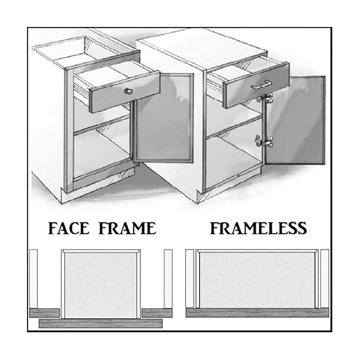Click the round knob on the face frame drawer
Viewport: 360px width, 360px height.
(x=128, y=91)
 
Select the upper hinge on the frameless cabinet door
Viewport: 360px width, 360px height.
(x=265, y=98)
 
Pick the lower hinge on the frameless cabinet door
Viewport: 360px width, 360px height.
(x=264, y=141)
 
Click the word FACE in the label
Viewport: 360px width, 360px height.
(x=68, y=228)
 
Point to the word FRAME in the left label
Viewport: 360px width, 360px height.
(x=127, y=228)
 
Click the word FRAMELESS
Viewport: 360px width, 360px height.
(x=258, y=228)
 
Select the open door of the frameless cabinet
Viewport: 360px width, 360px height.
(x=295, y=120)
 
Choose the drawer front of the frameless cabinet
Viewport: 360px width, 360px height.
(x=256, y=85)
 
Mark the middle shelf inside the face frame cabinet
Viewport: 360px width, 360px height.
(x=102, y=125)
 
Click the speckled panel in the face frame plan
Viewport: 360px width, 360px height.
(x=100, y=285)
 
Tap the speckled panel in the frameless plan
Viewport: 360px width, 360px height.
(x=257, y=280)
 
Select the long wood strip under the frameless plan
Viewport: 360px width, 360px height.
(x=257, y=313)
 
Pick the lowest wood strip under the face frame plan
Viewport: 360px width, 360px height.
(x=100, y=323)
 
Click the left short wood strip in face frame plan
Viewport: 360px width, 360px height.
(x=45, y=313)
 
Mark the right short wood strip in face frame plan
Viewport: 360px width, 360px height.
(x=157, y=313)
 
